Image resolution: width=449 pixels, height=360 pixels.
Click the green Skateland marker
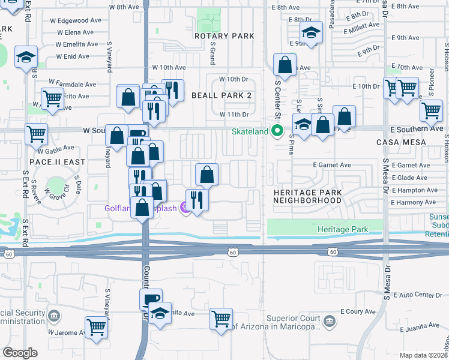click(277, 130)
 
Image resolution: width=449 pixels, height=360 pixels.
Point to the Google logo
click(20, 353)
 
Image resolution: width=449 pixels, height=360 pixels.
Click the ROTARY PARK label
click(224, 36)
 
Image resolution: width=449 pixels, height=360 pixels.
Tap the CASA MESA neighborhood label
click(400, 142)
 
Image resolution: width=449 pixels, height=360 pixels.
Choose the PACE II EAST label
click(54, 162)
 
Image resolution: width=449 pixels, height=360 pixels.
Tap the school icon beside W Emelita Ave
click(26, 57)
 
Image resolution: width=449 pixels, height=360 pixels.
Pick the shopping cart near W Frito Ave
click(52, 98)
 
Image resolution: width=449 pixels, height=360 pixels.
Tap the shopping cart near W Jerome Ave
click(95, 327)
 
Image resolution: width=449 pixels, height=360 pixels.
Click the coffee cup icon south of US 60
click(150, 299)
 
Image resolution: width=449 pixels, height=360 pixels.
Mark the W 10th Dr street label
click(234, 79)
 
